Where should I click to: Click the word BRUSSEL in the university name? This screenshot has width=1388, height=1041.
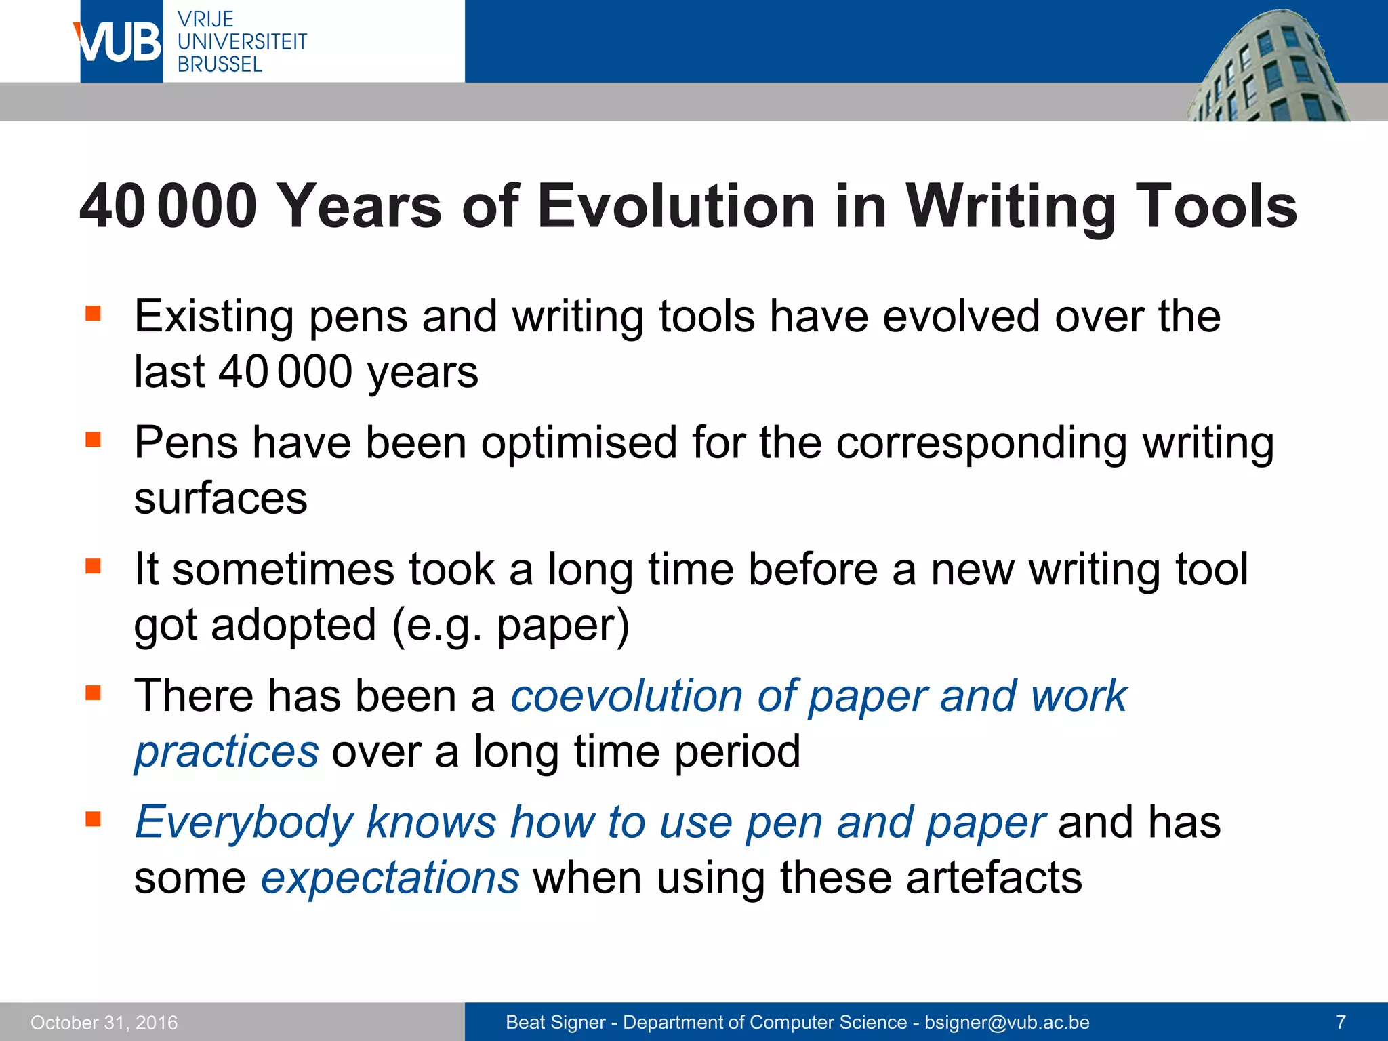click(x=220, y=64)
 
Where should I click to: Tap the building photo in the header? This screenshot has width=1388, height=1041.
click(x=1267, y=68)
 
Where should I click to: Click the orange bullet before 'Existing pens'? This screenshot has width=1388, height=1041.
click(x=93, y=313)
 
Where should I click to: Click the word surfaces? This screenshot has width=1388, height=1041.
click(x=220, y=498)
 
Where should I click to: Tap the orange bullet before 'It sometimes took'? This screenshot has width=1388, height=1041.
click(x=93, y=566)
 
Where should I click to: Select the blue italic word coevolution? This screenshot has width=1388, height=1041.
click(x=626, y=696)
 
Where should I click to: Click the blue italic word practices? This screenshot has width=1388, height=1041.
click(x=226, y=752)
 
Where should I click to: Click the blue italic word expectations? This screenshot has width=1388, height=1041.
click(x=390, y=878)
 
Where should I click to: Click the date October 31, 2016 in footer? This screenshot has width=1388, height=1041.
click(x=104, y=1023)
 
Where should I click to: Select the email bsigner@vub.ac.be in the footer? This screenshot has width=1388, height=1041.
click(x=1007, y=1022)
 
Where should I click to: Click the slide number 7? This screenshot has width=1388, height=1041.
click(x=1341, y=1022)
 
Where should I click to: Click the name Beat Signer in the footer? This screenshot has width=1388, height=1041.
click(x=555, y=1022)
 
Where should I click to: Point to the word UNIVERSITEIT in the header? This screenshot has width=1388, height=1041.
click(x=242, y=42)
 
